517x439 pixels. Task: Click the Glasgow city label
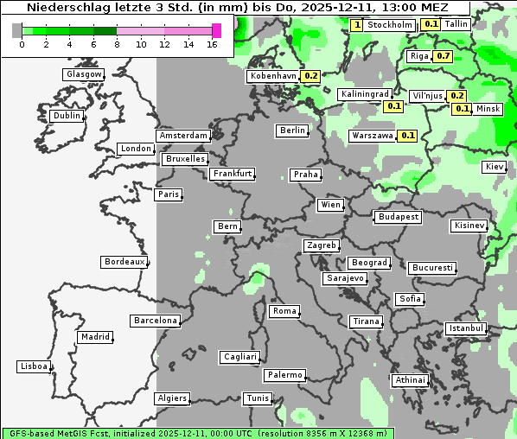pos(84,74)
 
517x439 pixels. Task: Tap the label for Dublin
pos(67,116)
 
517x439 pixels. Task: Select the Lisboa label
pos(34,366)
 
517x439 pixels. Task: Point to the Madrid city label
pos(94,337)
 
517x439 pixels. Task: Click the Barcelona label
pos(156,321)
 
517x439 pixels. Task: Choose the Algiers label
pos(171,398)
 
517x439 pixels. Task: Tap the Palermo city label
pos(284,375)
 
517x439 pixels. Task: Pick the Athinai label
pos(410,380)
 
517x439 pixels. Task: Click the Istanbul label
pos(466,328)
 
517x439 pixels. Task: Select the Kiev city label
pos(495,167)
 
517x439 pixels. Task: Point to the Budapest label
pos(398,217)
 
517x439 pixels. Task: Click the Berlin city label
pos(292,130)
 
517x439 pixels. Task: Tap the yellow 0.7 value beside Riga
pos(443,56)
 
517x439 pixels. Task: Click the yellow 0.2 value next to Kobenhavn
pos(311,76)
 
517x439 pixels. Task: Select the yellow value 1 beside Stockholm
pos(357,25)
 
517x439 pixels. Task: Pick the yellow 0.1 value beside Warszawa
pos(408,136)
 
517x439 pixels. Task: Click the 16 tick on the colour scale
pos(212,44)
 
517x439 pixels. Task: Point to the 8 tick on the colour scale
pos(117,44)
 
